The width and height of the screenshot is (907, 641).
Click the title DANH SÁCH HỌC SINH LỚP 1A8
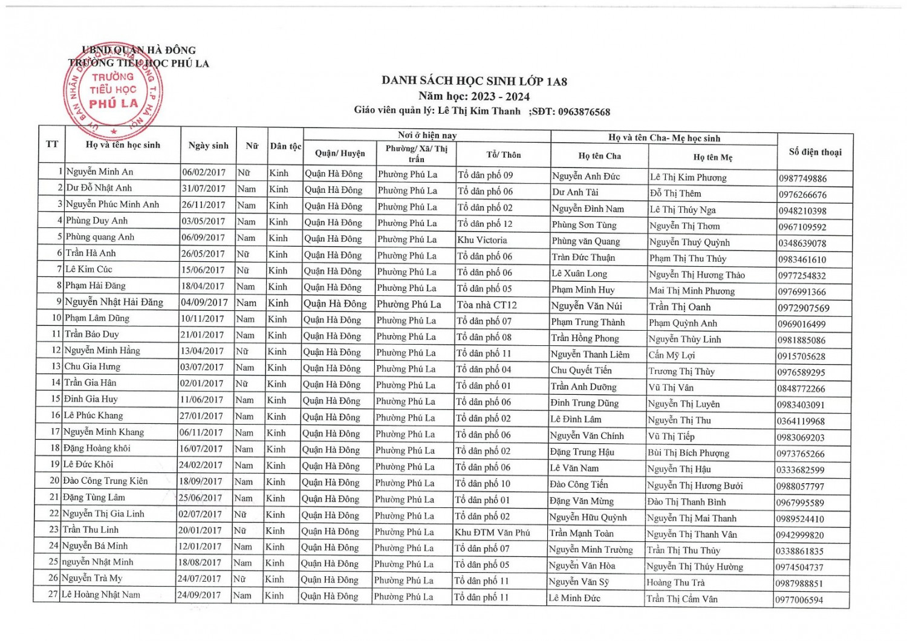tap(474, 81)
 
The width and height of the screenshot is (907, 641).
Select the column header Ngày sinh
tap(209, 145)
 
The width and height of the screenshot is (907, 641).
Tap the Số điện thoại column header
tap(814, 152)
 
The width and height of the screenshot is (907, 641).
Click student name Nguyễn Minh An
tap(100, 172)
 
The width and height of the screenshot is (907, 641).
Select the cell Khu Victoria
tap(482, 239)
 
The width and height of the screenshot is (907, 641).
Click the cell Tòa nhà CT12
tap(486, 305)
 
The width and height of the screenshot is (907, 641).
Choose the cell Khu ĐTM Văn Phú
tap(492, 533)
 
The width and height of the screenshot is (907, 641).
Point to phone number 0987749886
tap(802, 178)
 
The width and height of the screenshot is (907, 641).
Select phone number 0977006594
tap(799, 600)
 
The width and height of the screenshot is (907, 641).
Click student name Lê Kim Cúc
tap(89, 269)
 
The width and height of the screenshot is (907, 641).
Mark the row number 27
tap(53, 594)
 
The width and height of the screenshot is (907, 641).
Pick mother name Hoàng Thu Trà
tap(675, 583)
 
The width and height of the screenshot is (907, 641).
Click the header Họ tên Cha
tap(599, 156)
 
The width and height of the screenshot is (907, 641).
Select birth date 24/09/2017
tap(200, 595)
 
